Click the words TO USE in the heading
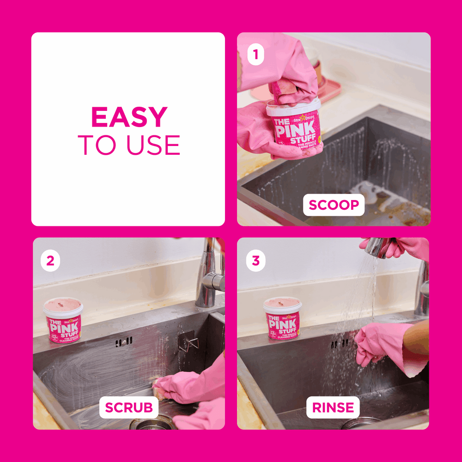129,145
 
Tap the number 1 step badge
255,56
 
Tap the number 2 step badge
50,261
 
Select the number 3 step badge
255,261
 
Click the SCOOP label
334,205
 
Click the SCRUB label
129,407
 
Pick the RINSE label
333,407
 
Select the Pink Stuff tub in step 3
282,319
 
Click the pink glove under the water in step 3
377,344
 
